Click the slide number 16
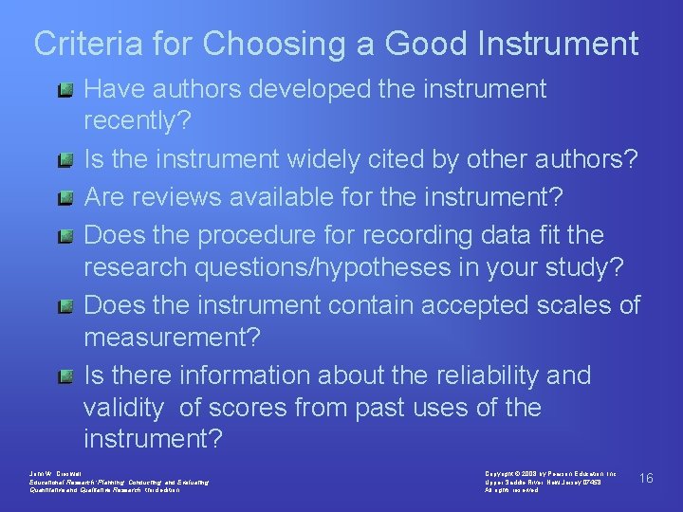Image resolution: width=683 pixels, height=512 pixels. coord(646,478)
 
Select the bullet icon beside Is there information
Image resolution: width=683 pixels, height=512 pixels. coord(65,377)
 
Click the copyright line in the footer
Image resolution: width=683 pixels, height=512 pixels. coord(550,471)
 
